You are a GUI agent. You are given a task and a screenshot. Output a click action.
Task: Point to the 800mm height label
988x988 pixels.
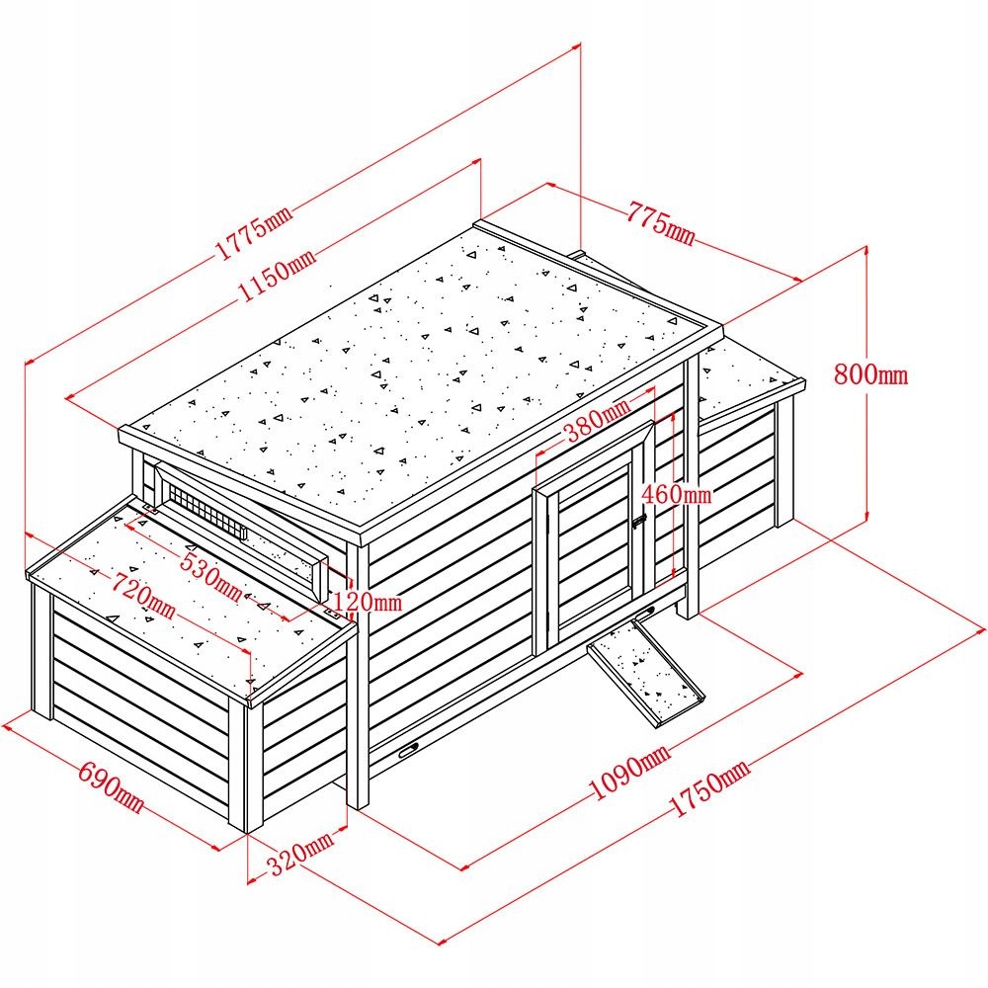pyautogui.click(x=870, y=374)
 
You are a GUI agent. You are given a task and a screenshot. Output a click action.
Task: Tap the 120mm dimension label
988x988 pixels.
pyautogui.click(x=367, y=601)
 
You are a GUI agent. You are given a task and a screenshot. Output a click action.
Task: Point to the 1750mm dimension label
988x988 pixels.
pyautogui.click(x=708, y=789)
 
